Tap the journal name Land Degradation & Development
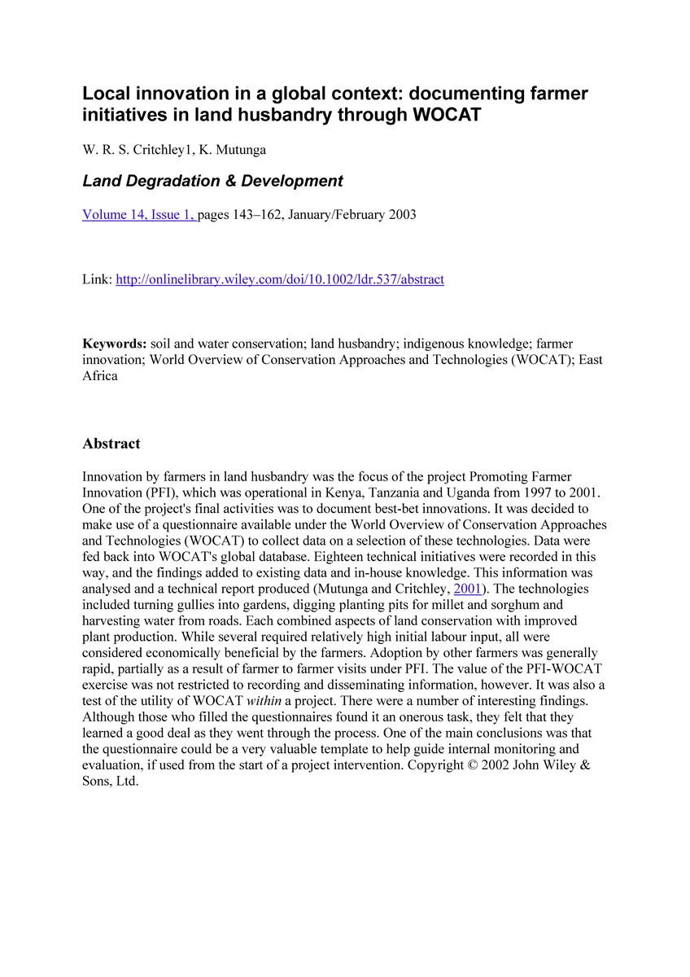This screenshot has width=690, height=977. [212, 181]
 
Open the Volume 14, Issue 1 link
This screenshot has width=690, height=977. [138, 215]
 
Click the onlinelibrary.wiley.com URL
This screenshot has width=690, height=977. [280, 279]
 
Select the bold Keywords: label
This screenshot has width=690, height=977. [115, 344]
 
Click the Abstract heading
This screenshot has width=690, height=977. [111, 444]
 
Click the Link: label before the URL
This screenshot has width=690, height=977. [97, 279]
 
